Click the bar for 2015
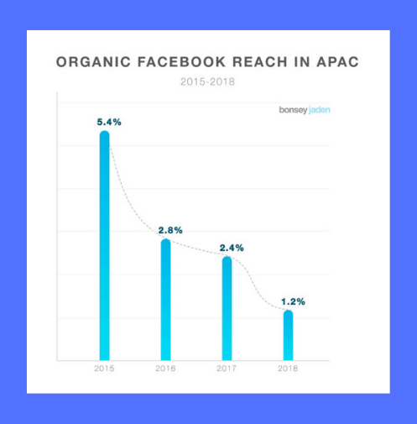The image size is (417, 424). pyautogui.click(x=105, y=245)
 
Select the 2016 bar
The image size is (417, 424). pyautogui.click(x=166, y=300)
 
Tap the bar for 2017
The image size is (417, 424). pyautogui.click(x=227, y=308)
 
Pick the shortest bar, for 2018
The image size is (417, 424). pyautogui.click(x=288, y=335)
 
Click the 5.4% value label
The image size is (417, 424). pyautogui.click(x=109, y=122)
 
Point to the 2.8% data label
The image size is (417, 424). pyautogui.click(x=170, y=230)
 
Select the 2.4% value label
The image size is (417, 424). pyautogui.click(x=232, y=248)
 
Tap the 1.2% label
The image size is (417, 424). pyautogui.click(x=293, y=301)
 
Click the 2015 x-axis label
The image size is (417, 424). pyautogui.click(x=104, y=369)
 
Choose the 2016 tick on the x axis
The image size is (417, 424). pyautogui.click(x=165, y=369)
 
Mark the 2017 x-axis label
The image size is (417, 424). pyautogui.click(x=227, y=369)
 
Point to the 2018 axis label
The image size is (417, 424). pyautogui.click(x=288, y=369)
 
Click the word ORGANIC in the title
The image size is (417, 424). pyautogui.click(x=93, y=62)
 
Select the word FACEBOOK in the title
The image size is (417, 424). pyautogui.click(x=182, y=62)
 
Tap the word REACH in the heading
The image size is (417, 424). pyautogui.click(x=260, y=62)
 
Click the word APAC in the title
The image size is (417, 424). pyautogui.click(x=337, y=62)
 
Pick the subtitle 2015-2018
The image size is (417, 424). pyautogui.click(x=207, y=82)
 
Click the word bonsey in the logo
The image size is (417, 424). pyautogui.click(x=293, y=110)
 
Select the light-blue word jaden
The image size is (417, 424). pyautogui.click(x=320, y=110)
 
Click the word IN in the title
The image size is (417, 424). pyautogui.click(x=302, y=62)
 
